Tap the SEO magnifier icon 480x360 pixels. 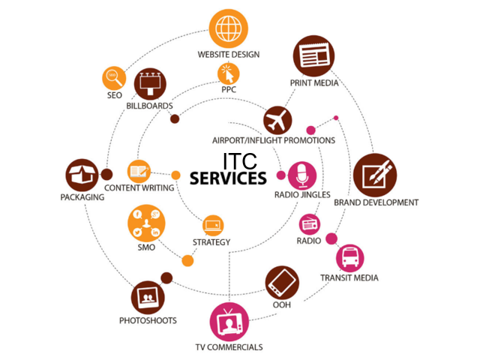click(114, 77)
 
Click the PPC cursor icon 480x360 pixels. click(229, 73)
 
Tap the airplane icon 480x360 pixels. click(277, 120)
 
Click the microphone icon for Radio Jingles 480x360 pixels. click(302, 175)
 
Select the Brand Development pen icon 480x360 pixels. click(375, 175)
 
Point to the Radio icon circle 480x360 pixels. click(310, 223)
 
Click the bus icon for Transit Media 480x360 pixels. click(349, 257)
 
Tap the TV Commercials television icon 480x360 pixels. click(229, 322)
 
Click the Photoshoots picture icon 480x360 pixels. click(148, 298)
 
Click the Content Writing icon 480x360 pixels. click(139, 170)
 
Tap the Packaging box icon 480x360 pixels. click(82, 175)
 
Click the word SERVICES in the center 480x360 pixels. click(228, 178)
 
